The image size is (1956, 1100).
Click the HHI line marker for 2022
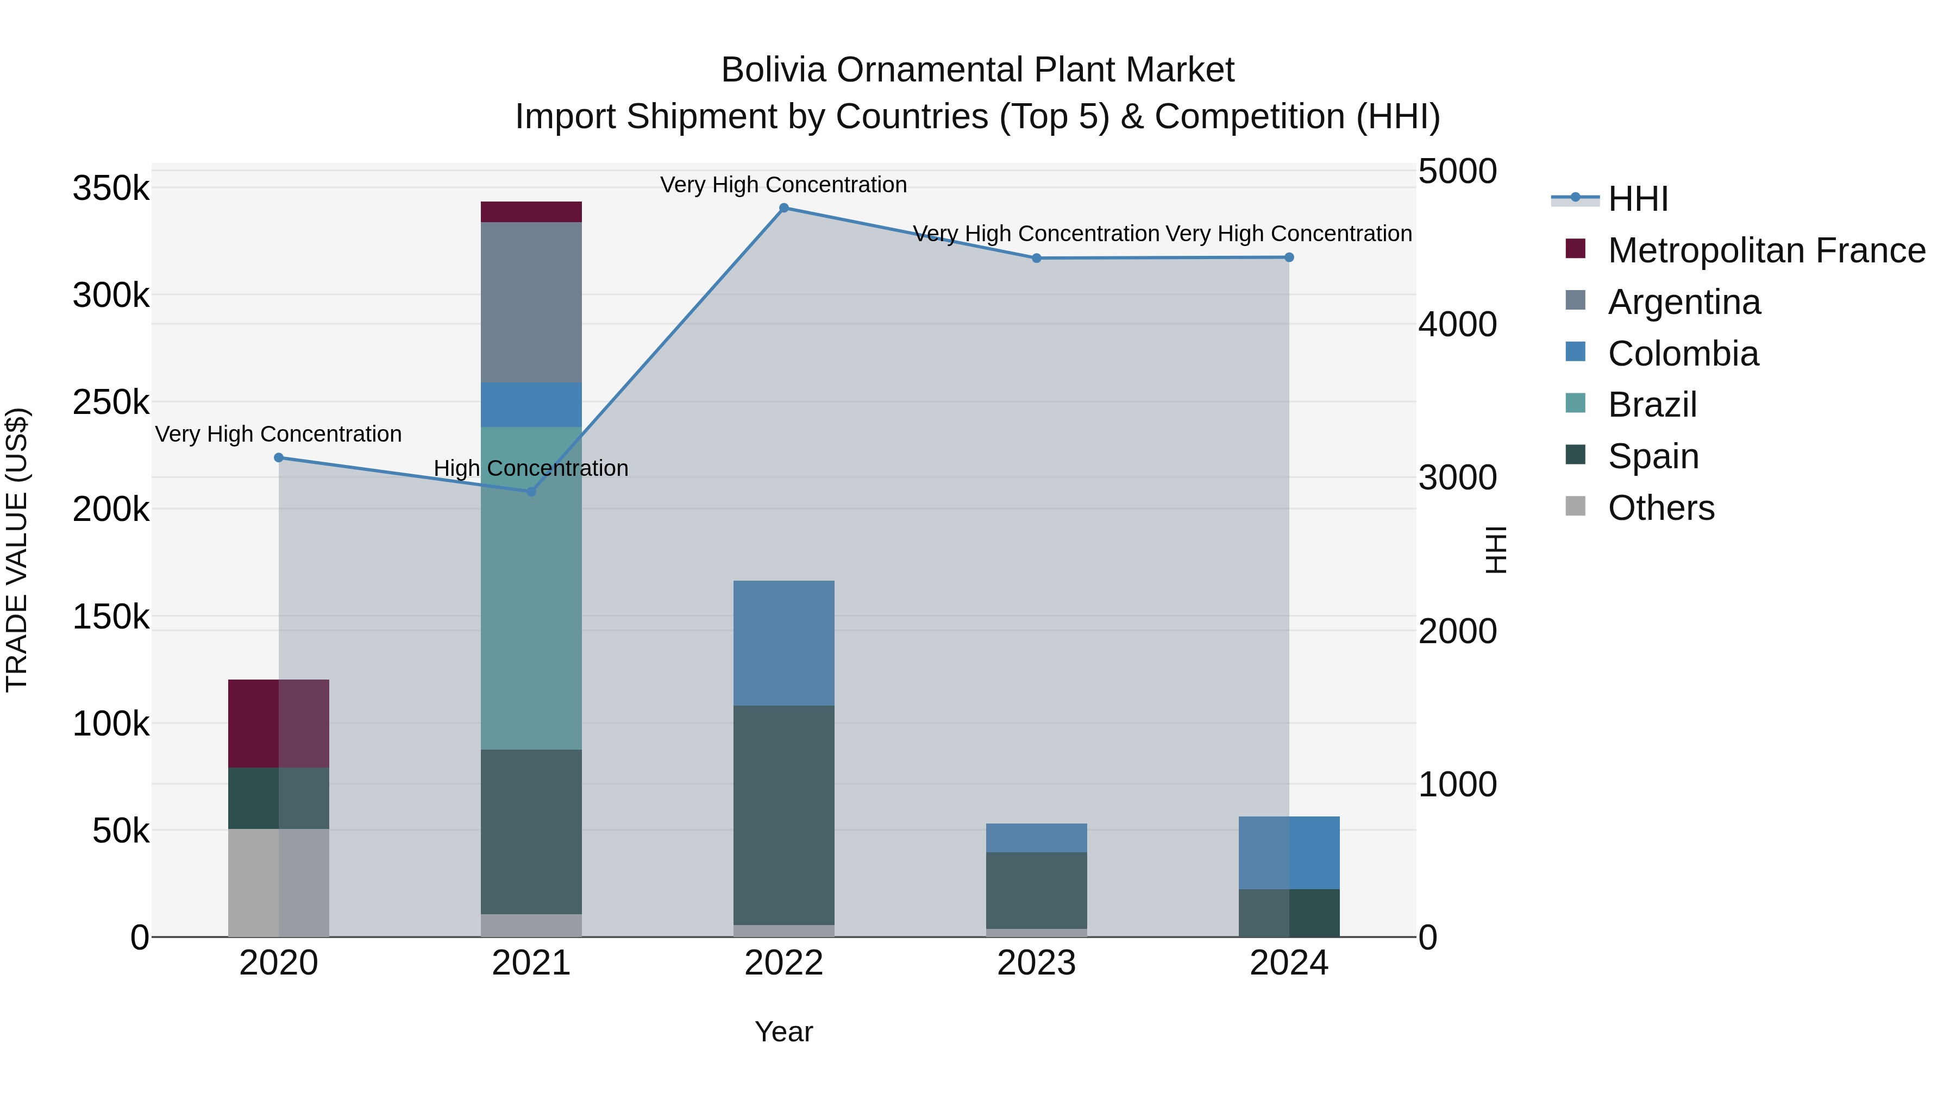[783, 208]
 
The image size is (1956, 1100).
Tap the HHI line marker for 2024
[1289, 257]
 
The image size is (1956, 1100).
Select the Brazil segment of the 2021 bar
[531, 588]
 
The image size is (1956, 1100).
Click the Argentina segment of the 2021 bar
[531, 302]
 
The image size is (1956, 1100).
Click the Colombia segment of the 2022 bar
[783, 643]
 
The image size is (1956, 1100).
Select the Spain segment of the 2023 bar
[1037, 890]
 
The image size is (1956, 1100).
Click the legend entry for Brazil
[1652, 405]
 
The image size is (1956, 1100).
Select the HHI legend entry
[1638, 199]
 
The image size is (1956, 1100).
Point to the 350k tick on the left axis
[111, 188]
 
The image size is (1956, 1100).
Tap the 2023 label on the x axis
[1037, 963]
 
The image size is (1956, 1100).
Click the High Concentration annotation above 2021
[531, 468]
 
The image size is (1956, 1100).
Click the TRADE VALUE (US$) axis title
[17, 550]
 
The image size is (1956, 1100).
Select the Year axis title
[783, 1032]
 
